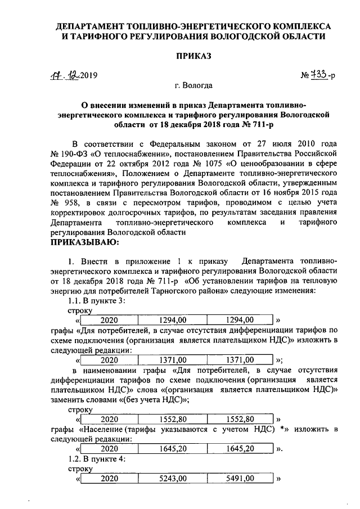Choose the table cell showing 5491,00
(x=240, y=479)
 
